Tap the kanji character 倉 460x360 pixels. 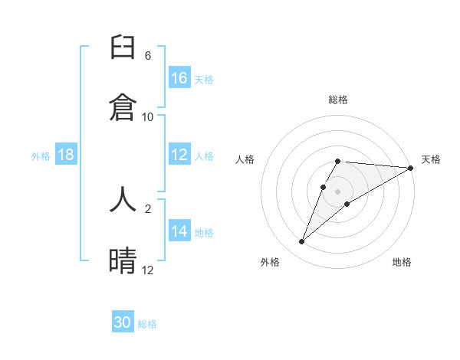(123, 106)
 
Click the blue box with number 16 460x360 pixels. (179, 77)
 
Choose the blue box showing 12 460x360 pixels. (179, 155)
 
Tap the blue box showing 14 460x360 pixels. (179, 231)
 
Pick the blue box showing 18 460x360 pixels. (66, 155)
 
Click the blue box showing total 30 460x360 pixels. (123, 322)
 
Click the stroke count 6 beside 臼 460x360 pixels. (148, 56)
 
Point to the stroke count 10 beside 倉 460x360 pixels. (148, 116)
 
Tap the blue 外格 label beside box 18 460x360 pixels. (41, 155)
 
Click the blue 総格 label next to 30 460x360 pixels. (147, 324)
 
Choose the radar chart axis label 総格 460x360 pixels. (338, 100)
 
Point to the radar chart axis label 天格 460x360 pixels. (431, 159)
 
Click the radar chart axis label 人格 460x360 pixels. (245, 159)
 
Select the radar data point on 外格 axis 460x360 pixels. (302, 242)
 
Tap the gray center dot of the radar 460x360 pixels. (338, 191)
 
